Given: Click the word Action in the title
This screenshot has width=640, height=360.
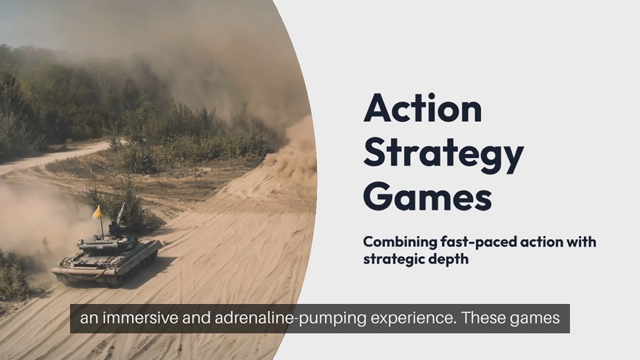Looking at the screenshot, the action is [423, 108].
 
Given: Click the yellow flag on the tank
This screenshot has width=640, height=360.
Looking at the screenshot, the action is [97, 212].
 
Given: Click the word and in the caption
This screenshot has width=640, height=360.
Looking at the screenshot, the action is [197, 318].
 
